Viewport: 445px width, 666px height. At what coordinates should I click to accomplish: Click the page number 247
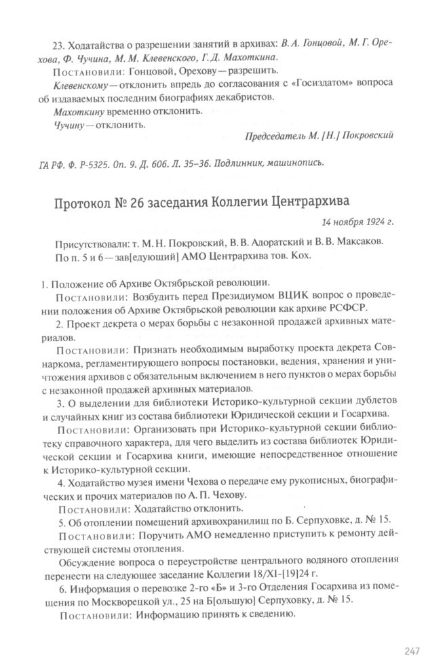coord(412,652)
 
